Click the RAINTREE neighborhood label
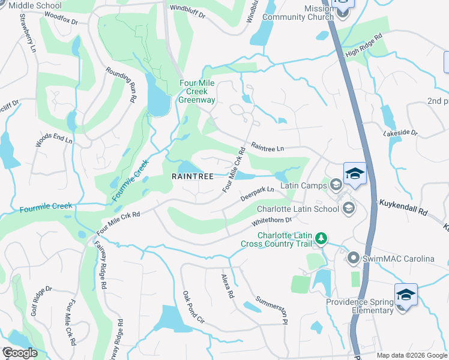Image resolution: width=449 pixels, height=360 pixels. (x=193, y=176)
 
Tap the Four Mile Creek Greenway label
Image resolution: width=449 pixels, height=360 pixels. (x=196, y=91)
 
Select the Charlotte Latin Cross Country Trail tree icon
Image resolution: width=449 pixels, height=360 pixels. (x=322, y=239)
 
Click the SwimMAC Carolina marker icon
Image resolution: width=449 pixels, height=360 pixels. (x=354, y=259)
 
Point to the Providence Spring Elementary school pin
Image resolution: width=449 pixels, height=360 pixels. (x=406, y=295)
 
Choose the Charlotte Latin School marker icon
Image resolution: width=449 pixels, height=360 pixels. (x=347, y=209)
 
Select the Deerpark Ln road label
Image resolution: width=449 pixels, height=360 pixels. (x=257, y=193)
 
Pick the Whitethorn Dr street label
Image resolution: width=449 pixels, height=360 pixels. (x=271, y=223)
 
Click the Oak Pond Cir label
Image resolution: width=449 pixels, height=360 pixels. (x=194, y=307)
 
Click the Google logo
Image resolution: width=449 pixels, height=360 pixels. (x=20, y=353)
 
